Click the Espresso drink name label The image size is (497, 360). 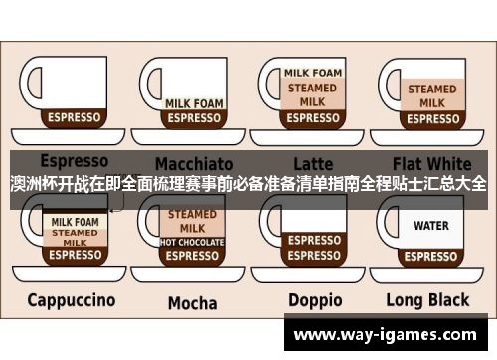point(74,160)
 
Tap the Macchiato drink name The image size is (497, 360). point(195,162)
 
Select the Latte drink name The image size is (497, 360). point(313,162)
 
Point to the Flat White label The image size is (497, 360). point(431,161)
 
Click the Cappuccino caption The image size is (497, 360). point(71,299)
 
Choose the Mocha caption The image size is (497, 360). point(192,302)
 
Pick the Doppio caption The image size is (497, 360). point(315,300)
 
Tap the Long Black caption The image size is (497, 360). point(430,300)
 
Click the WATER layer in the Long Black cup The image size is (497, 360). point(431,226)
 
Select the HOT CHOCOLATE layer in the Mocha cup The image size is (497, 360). point(193,242)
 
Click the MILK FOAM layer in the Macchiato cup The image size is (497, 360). point(193,102)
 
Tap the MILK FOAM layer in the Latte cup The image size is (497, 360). point(313,73)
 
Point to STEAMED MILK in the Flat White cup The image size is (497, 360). point(431,95)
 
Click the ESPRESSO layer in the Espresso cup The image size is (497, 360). point(75,117)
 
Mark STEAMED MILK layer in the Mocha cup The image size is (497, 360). point(193,220)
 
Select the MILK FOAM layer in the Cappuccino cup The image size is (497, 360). point(75,223)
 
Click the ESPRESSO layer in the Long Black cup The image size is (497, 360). point(431,255)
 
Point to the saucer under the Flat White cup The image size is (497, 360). point(431,136)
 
